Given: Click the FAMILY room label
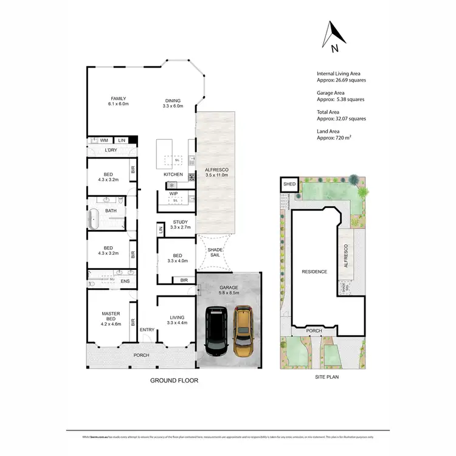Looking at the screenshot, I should click(x=118, y=101).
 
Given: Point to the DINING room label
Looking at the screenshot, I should click(x=173, y=103).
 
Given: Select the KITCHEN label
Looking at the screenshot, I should click(x=173, y=174).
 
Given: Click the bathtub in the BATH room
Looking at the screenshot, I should click(x=94, y=218).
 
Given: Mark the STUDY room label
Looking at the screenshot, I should click(x=182, y=224).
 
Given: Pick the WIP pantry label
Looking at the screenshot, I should click(x=173, y=194).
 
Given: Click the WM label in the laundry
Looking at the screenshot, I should click(x=104, y=140).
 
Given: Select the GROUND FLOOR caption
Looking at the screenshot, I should click(x=174, y=381).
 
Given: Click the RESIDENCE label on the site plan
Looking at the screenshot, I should click(x=315, y=272).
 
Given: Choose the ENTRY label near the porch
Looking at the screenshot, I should click(x=147, y=330).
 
